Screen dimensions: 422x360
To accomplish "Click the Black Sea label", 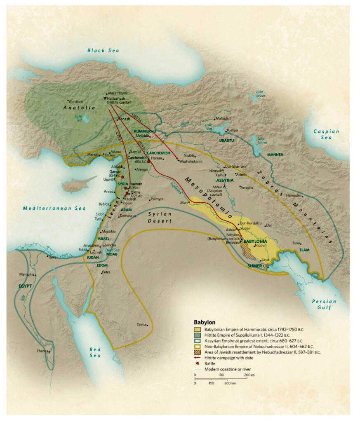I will point(103,50).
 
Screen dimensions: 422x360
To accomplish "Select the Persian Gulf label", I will point(324,305).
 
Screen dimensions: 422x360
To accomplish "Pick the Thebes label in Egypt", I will point(42,352).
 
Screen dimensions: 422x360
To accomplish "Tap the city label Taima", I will point(141,324).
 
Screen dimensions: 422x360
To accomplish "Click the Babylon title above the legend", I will point(205,322).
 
